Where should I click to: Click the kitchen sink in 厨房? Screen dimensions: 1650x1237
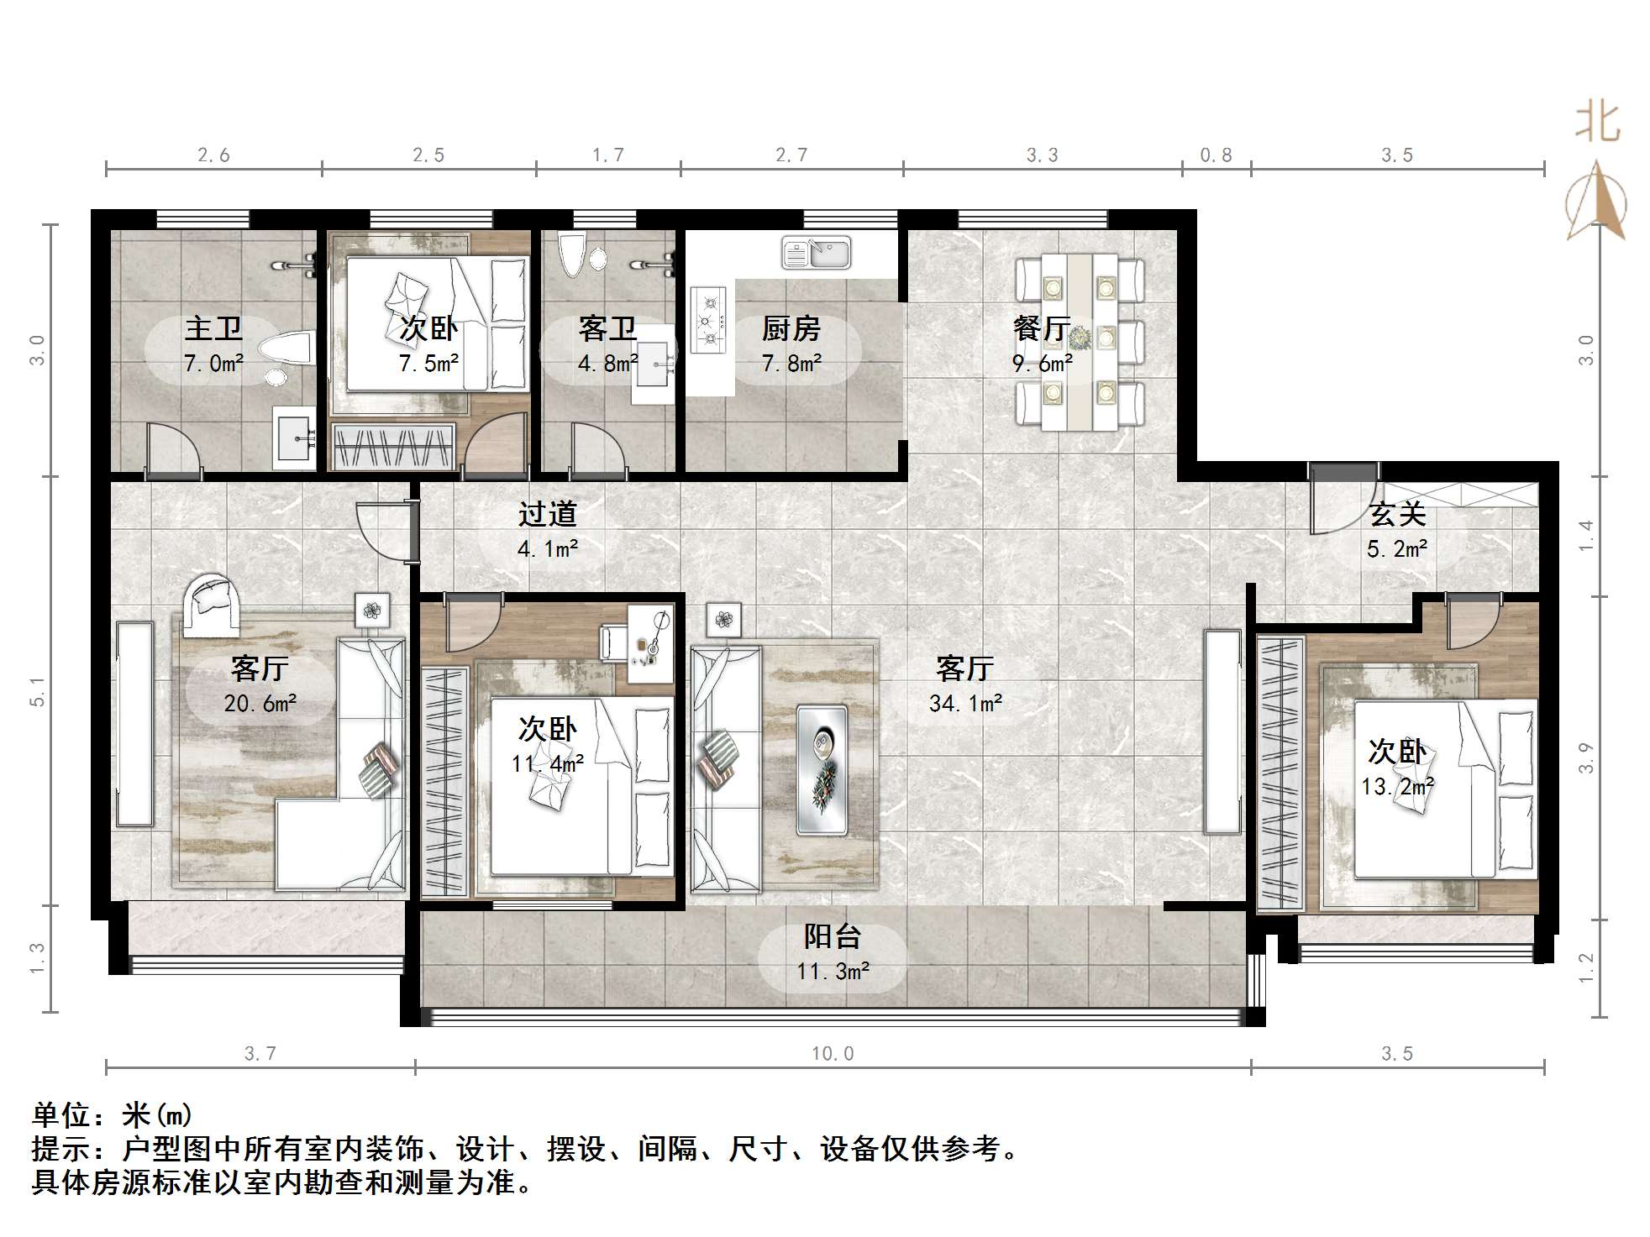click(x=816, y=253)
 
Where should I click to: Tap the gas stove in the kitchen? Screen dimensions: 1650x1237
click(x=708, y=320)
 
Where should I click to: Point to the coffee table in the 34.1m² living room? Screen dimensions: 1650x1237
click(x=822, y=769)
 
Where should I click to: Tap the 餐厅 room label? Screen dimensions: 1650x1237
click(x=1042, y=328)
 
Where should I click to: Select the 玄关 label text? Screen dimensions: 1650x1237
click(x=1397, y=514)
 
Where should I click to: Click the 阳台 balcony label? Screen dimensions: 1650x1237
click(x=833, y=936)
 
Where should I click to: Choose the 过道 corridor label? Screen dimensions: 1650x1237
click(x=548, y=513)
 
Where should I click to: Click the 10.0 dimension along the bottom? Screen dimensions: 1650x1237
click(x=833, y=1054)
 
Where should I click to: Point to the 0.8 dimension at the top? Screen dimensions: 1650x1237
click(x=1216, y=155)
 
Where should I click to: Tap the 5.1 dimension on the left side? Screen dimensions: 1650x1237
click(x=37, y=691)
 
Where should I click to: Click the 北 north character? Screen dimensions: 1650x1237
click(x=1597, y=123)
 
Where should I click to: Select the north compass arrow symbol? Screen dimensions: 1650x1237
click(x=1596, y=202)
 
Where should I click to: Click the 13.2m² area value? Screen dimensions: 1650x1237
click(x=1397, y=786)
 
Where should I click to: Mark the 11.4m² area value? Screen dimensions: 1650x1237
click(x=548, y=763)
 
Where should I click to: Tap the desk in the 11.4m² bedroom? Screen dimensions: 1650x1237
click(x=649, y=643)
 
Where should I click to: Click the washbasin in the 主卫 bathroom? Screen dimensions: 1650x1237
click(x=293, y=438)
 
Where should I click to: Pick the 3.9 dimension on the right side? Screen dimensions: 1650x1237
click(x=1585, y=757)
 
